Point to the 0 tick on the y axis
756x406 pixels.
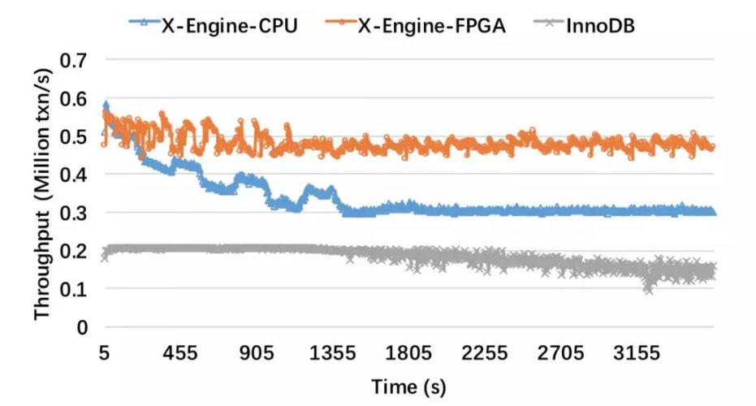[81, 327]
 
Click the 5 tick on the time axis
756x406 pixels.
[104, 353]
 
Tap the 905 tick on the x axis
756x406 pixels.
[257, 353]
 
